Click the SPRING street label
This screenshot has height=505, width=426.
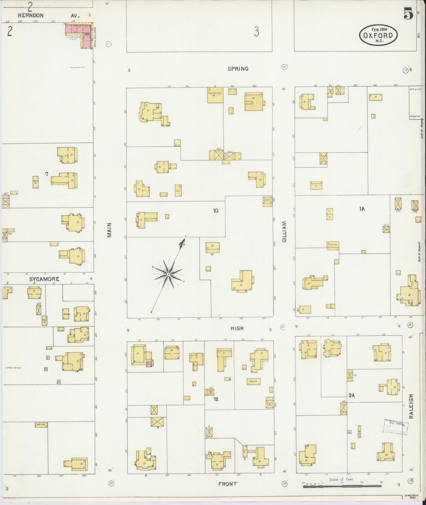pos(238,69)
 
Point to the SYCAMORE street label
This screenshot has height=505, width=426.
pos(44,279)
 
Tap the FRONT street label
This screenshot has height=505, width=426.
pos(227,484)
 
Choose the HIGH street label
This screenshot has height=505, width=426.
pos(237,328)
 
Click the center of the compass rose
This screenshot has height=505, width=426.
pos(168,275)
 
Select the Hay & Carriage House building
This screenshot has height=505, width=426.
pos(215,95)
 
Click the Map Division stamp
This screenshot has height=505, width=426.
pos(395,428)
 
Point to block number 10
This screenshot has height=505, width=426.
pos(216,210)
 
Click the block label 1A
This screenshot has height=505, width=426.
pos(362,209)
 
